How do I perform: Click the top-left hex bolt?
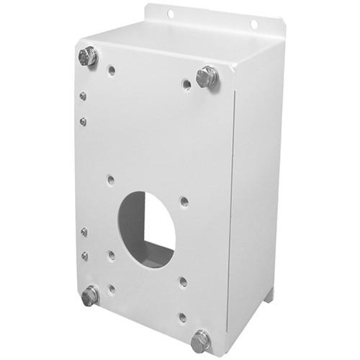point(88,56)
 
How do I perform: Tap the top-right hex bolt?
point(207,76)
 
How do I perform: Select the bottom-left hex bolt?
point(90,295)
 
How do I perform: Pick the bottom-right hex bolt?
point(201,341)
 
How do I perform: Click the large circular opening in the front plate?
point(147,229)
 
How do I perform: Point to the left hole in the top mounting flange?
point(171,14)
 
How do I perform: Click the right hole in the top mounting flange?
point(253,24)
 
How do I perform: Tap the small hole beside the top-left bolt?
point(111,71)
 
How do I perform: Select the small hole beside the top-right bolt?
point(186,84)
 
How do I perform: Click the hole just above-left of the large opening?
point(110,180)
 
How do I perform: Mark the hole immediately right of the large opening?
point(184,202)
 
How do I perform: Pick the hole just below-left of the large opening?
point(111,254)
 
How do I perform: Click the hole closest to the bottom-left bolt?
point(111,289)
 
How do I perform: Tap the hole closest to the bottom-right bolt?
point(183,317)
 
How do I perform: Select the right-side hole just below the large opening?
point(183,282)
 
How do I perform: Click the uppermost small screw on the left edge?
point(84,95)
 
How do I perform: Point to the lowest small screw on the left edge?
point(84,256)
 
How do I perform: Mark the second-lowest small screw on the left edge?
point(84,232)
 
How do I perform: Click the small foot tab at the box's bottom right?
point(269,296)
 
